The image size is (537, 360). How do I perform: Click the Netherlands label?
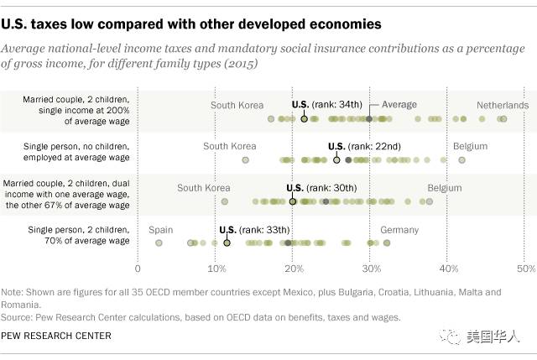tap(503, 105)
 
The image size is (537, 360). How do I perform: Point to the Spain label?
tap(160, 229)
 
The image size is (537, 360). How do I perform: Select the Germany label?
tap(399, 229)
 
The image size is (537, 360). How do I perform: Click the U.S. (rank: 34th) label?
tap(327, 105)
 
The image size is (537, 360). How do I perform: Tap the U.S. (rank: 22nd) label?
tap(364, 146)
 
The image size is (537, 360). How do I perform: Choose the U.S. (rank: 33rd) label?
tap(253, 229)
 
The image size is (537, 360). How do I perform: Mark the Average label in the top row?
tap(399, 105)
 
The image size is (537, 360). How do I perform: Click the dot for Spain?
tap(159, 243)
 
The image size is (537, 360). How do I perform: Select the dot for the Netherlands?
tap(503, 119)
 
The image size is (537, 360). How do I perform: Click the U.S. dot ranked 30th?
tap(293, 201)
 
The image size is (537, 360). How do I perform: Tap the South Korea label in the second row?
tap(230, 146)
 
